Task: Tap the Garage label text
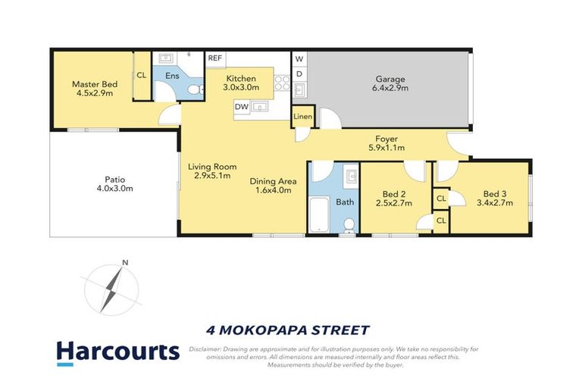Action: click(x=391, y=79)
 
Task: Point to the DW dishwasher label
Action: click(x=241, y=107)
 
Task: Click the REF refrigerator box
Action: click(x=215, y=58)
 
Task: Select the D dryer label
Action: click(x=299, y=74)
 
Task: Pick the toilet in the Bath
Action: click(x=349, y=224)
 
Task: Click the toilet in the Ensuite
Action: click(x=194, y=90)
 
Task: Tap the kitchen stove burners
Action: click(x=282, y=82)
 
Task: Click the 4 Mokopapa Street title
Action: click(x=288, y=330)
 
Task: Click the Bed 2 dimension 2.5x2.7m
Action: click(x=393, y=202)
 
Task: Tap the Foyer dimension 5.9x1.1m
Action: click(x=386, y=148)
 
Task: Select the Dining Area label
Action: click(x=274, y=181)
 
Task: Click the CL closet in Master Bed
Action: click(x=141, y=74)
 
